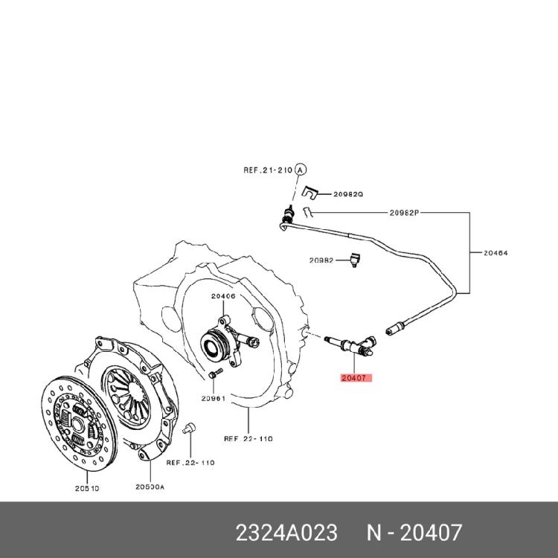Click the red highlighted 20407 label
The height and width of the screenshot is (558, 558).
pos(355,378)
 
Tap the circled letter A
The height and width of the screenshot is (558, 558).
pos(301,170)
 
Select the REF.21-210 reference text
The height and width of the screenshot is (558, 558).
pos(268,170)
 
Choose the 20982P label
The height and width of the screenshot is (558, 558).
pos(405,212)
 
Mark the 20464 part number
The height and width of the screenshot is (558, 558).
pos(496,253)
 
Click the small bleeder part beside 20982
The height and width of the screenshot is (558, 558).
pos(356,260)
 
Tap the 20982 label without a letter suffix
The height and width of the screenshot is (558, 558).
pos(322,260)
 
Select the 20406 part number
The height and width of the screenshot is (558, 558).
pos(222,296)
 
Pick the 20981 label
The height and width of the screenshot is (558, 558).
pos(213,398)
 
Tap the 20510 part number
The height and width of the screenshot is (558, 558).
pos(87,489)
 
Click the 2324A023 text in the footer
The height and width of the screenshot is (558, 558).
pos(286,533)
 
